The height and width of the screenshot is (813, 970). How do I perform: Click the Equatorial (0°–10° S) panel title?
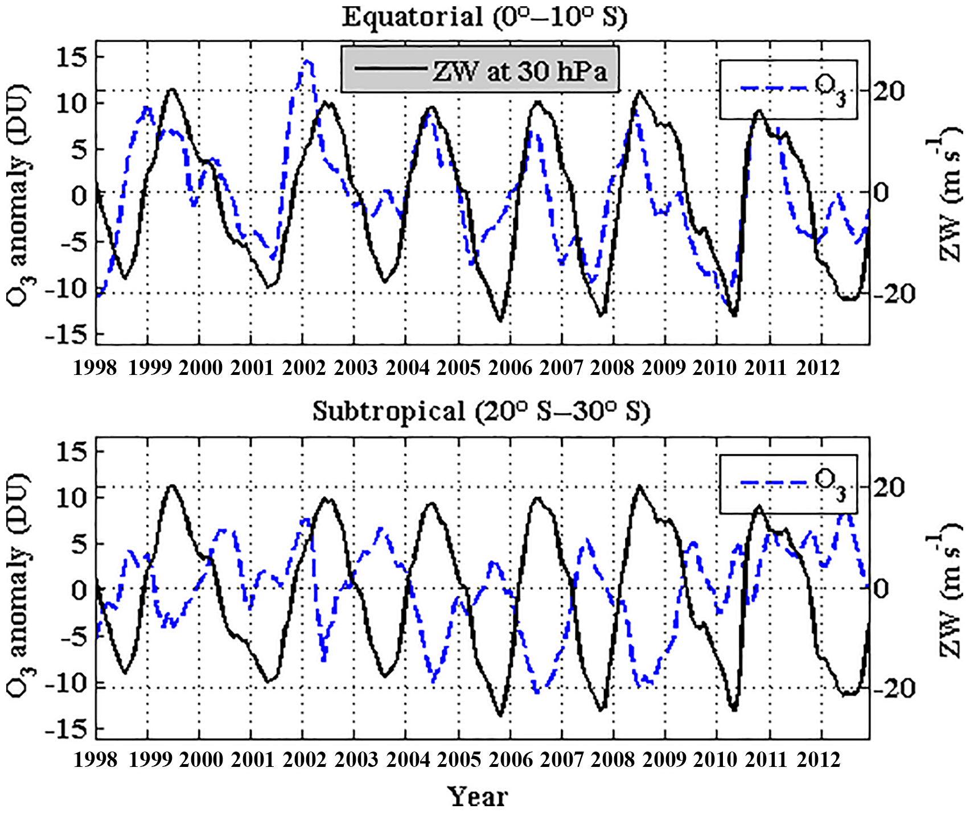(484, 17)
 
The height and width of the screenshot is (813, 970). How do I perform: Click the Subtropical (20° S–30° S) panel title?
(481, 411)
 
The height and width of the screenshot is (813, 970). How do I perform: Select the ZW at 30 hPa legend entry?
(480, 69)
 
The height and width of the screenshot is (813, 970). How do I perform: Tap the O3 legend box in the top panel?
(788, 89)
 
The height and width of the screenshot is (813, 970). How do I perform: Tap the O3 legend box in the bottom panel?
(788, 484)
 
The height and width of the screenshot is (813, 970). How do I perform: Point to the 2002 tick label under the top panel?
(304, 368)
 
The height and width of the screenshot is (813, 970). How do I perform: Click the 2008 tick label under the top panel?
(612, 368)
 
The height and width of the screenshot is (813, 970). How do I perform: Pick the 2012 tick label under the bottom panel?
(818, 760)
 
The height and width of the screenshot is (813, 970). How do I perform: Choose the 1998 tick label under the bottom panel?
(95, 760)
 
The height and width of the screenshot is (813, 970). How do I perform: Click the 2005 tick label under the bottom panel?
(459, 760)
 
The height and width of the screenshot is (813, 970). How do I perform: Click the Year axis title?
(477, 797)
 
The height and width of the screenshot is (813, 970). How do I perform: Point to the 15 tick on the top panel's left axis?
(72, 57)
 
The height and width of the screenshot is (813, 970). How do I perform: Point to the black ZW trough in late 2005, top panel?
(500, 321)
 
